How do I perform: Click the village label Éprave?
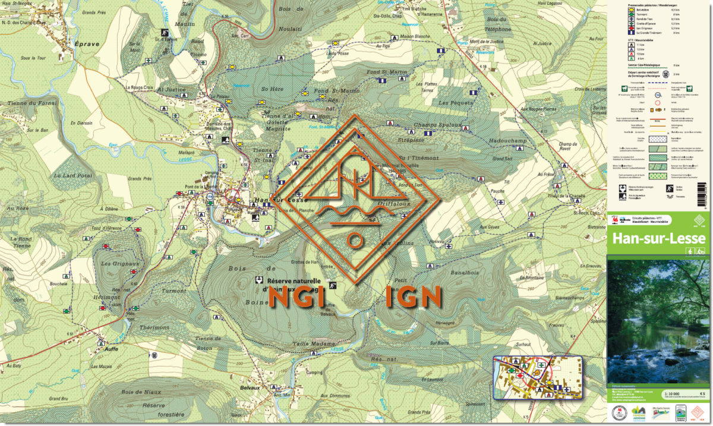click(83, 43)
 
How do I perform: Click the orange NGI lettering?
click(297, 297)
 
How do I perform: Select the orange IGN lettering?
click(414, 297)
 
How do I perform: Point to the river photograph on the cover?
click(658, 321)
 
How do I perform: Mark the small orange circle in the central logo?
click(355, 241)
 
